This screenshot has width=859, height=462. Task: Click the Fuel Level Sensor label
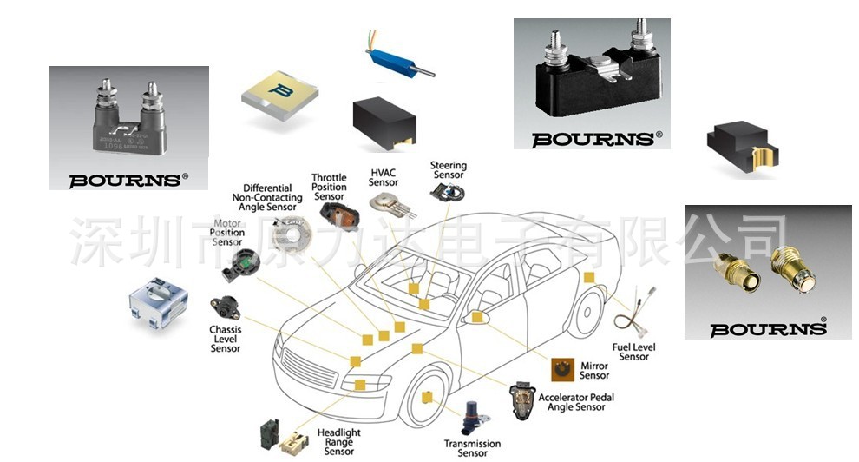click(633, 352)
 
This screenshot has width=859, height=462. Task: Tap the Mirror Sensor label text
click(594, 371)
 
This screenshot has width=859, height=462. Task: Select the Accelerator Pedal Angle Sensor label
click(576, 402)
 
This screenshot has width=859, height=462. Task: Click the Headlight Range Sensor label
click(338, 442)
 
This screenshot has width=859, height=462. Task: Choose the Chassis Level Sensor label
click(226, 340)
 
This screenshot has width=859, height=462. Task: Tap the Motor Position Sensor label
click(227, 233)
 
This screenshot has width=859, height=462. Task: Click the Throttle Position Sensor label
click(329, 187)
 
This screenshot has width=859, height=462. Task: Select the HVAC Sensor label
click(384, 177)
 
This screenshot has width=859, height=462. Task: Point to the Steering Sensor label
click(449, 170)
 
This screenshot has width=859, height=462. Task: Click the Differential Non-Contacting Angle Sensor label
click(273, 198)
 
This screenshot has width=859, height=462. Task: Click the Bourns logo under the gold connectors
click(768, 328)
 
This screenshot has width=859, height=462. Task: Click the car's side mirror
click(475, 318)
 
